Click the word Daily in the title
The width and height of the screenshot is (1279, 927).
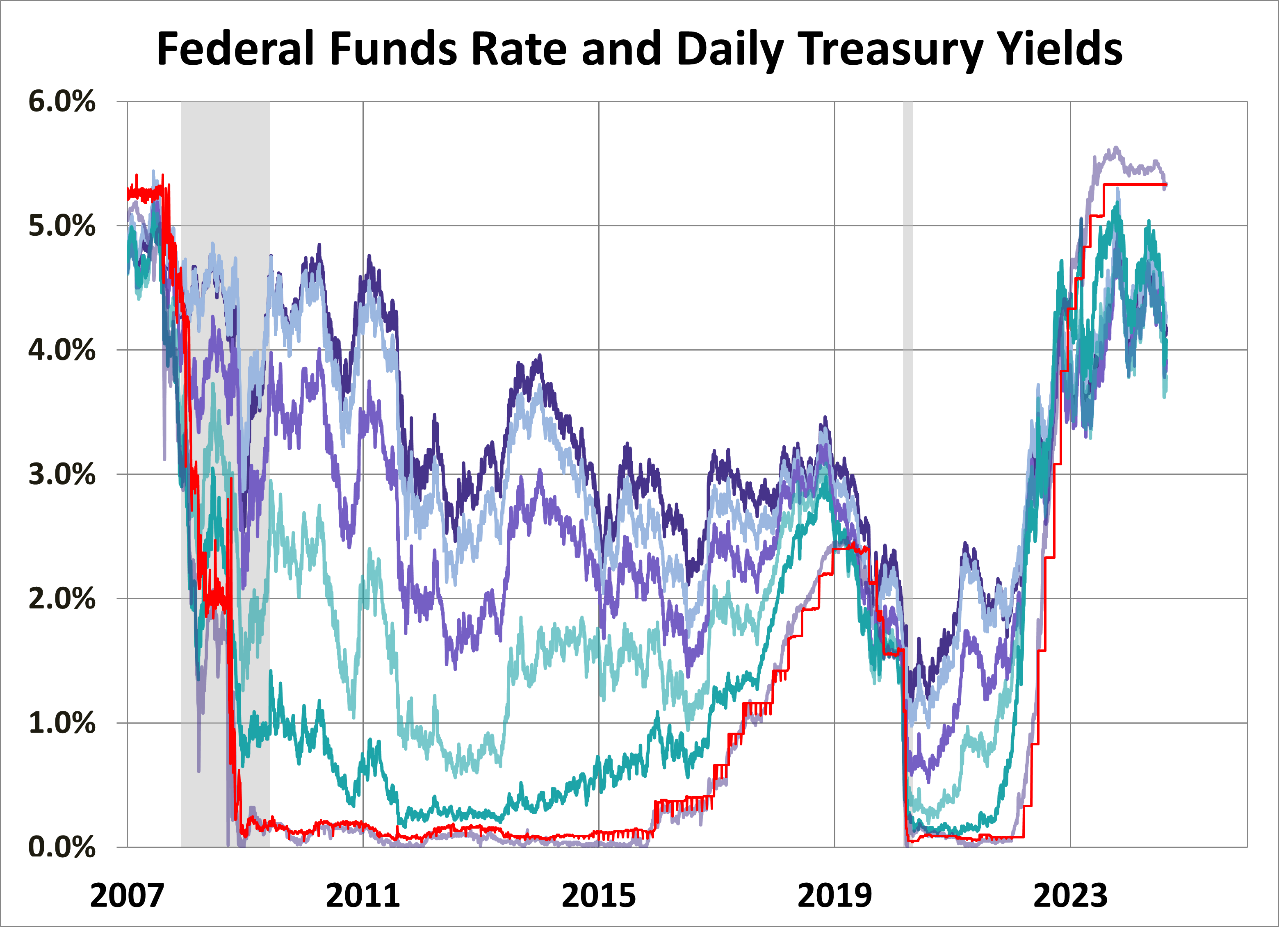(730, 50)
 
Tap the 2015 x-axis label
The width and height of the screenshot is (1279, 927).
(598, 895)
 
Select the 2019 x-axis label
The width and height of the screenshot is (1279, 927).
(834, 895)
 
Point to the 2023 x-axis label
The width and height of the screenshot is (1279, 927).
(1070, 895)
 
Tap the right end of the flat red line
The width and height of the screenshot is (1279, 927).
(1166, 184)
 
